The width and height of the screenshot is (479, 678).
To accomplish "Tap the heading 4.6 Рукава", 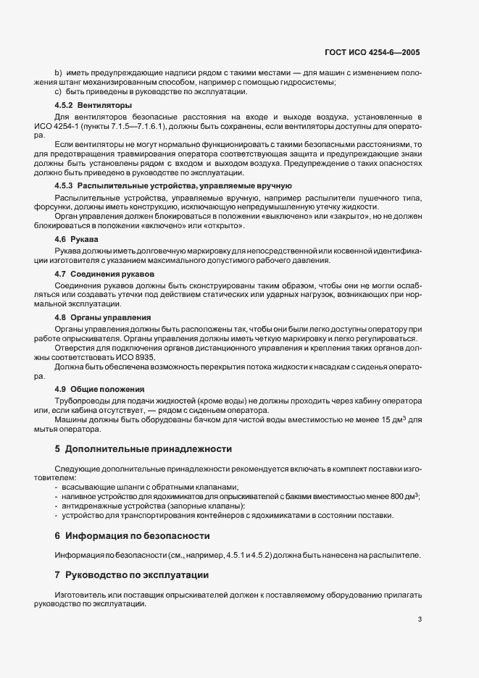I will click(x=77, y=238).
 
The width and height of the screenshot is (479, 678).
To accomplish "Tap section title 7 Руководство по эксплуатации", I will click(x=132, y=575).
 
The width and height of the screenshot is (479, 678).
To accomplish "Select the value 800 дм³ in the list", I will click(x=403, y=496).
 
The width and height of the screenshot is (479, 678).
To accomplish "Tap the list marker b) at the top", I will click(x=58, y=72).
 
